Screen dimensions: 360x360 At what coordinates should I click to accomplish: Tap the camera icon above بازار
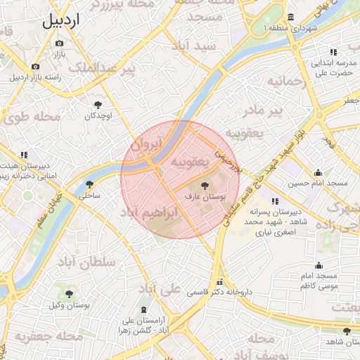click(x=59, y=44)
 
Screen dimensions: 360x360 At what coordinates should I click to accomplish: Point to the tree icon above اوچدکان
click(x=97, y=104)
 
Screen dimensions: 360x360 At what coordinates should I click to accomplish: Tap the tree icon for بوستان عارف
click(x=205, y=186)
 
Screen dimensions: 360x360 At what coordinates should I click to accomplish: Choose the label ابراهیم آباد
click(x=148, y=212)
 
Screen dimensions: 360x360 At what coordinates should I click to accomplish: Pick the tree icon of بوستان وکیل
click(x=69, y=293)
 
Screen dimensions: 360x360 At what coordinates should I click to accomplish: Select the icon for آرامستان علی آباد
click(x=144, y=310)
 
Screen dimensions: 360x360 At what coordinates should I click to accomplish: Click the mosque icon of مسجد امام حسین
click(x=318, y=172)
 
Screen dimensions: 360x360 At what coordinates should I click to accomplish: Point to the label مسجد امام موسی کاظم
click(x=319, y=281)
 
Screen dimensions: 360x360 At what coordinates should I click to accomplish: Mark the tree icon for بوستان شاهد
click(x=346, y=331)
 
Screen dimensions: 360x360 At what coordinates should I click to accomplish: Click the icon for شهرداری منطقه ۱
click(x=292, y=18)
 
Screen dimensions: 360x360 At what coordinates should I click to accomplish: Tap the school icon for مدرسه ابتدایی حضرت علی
click(x=333, y=52)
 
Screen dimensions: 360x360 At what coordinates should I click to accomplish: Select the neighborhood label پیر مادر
click(x=262, y=111)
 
